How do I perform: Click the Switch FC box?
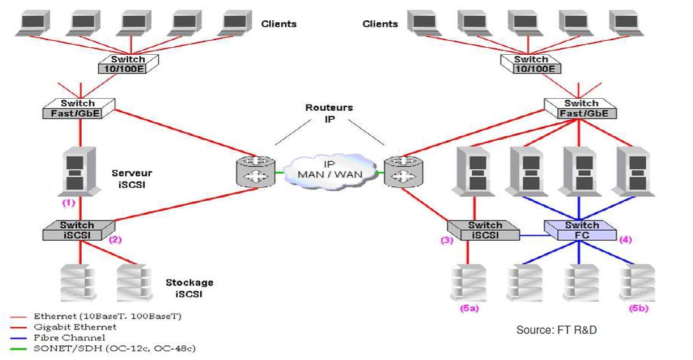tap(581, 230)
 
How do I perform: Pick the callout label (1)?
tap(68, 203)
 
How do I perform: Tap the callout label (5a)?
tap(469, 308)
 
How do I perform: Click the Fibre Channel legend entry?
tap(69, 338)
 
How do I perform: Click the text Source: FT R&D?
tap(557, 330)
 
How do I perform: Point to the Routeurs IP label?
tap(328, 113)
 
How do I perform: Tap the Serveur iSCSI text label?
tap(132, 178)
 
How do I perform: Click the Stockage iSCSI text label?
tap(189, 287)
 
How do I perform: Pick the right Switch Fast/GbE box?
tap(580, 108)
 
